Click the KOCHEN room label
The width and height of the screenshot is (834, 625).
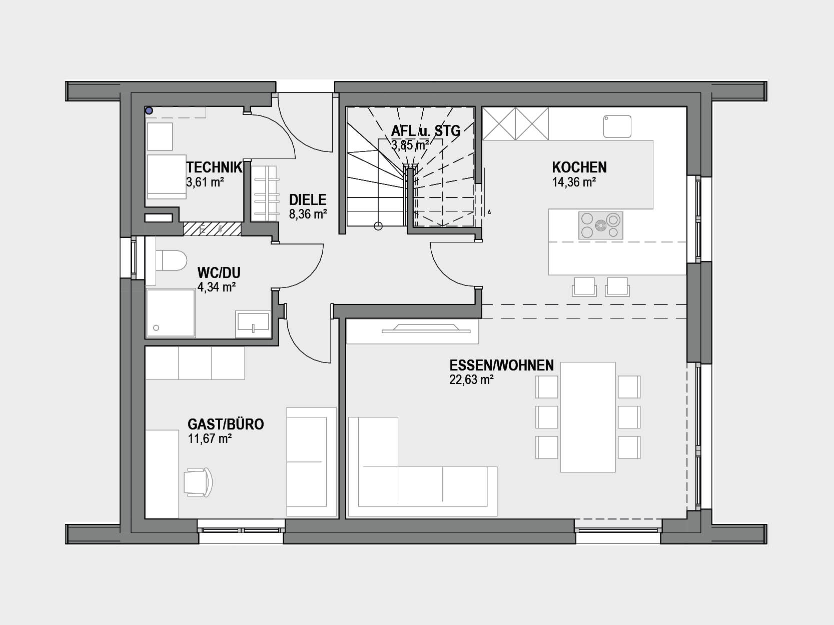click(x=579, y=167)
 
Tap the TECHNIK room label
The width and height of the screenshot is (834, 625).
click(x=214, y=167)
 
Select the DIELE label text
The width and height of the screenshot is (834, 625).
click(x=308, y=199)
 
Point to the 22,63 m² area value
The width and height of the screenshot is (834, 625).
click(x=471, y=379)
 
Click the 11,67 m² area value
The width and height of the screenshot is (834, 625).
click(x=210, y=438)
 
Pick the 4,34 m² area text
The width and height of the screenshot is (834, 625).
click(x=217, y=287)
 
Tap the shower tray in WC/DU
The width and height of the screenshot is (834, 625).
click(x=171, y=313)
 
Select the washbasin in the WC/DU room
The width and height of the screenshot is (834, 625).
click(x=253, y=324)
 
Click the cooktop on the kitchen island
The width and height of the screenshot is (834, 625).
click(x=601, y=225)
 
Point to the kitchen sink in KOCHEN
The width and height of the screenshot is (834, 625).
click(x=617, y=126)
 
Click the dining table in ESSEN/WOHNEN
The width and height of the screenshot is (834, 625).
click(x=588, y=417)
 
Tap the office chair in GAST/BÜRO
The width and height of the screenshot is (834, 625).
click(x=198, y=482)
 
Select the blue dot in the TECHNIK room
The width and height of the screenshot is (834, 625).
click(x=149, y=111)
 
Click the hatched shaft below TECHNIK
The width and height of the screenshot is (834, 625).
click(x=212, y=228)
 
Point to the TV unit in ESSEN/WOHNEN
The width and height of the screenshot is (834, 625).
click(x=426, y=328)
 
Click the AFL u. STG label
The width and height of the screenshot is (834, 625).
click(x=426, y=131)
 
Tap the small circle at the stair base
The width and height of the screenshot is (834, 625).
click(x=378, y=226)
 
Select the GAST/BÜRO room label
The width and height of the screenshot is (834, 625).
click(x=226, y=424)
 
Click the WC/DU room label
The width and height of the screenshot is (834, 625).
click(x=219, y=272)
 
